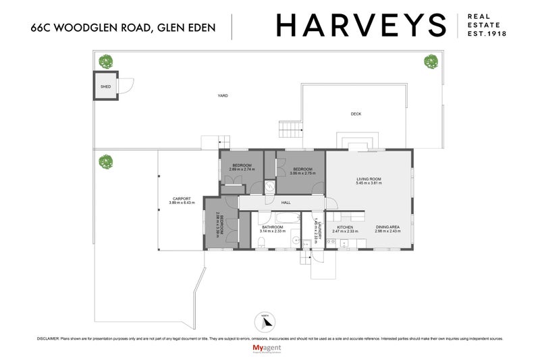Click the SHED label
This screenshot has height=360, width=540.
coord(105,87)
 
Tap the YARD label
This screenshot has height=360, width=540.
coord(222,96)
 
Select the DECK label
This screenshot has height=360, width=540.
coord(356,114)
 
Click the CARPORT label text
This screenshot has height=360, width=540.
coord(181,199)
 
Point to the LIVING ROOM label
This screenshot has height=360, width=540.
coord(369,179)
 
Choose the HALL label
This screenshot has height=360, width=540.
coord(286,203)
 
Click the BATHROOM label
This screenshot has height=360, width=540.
coord(272,228)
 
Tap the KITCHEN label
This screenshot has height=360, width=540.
coord(336,228)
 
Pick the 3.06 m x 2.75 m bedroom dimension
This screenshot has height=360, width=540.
coord(302,174)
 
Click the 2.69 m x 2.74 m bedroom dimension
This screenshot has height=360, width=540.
coord(242,170)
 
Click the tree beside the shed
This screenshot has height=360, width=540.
coord(105,61)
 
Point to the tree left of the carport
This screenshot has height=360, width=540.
coord(105,162)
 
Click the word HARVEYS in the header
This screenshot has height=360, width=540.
coord(361,26)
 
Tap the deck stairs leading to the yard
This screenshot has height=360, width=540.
coord(290,128)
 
